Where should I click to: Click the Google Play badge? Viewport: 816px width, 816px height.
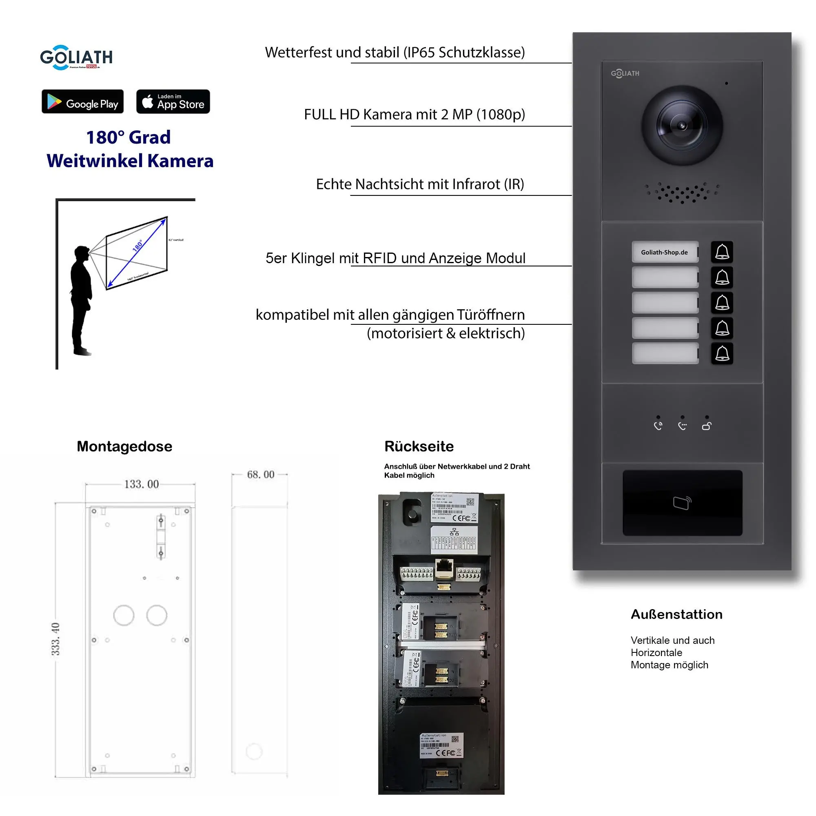pos(82,101)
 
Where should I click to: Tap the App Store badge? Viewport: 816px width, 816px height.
pos(173,101)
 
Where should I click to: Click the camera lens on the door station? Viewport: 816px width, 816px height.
pos(682,125)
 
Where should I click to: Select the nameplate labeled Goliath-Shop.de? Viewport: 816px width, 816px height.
pos(664,252)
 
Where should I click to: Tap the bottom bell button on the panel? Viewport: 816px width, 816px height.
pos(722,353)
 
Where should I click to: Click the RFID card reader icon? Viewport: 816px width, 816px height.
pos(682,503)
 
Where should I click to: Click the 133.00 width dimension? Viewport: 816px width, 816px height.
pos(142,484)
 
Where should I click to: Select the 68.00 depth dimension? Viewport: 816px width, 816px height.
pos(261,475)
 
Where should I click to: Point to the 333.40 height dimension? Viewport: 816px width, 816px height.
pos(55,639)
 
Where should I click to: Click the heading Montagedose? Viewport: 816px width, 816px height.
pos(124,446)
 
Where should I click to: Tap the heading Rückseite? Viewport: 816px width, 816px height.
pos(419,446)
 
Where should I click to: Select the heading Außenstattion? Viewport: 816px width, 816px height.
pos(676,614)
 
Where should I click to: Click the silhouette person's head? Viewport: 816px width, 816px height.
pos(81,253)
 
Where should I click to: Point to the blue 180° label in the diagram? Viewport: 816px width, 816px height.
pos(137,245)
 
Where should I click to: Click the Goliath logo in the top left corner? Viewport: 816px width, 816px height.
pos(76,58)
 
